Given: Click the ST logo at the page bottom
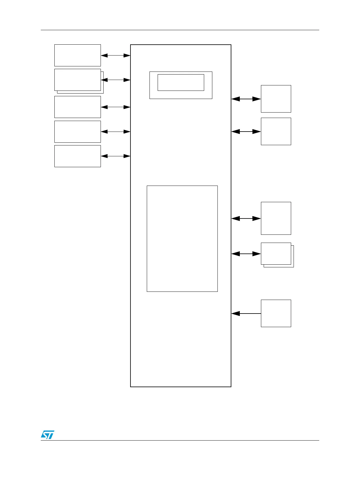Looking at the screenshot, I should (47, 435).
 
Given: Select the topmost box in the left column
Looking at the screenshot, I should (77, 55).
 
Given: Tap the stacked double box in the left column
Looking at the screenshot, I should (78, 80).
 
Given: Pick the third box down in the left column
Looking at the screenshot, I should (77, 107).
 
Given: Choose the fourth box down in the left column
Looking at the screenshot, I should (77, 132).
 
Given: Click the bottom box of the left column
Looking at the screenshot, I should (77, 156).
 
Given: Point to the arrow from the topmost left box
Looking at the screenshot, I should (115, 56).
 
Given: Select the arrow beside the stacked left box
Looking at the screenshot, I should (116, 80).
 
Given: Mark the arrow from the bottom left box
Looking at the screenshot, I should (115, 156).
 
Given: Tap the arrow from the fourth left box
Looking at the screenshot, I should (115, 132).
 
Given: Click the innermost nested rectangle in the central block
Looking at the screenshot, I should (181, 82).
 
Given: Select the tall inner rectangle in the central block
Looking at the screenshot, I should (182, 238).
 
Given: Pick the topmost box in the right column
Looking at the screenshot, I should (276, 99).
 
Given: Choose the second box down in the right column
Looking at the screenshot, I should (276, 131).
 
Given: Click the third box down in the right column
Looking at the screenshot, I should (276, 218).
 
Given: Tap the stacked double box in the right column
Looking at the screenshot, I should (276, 254).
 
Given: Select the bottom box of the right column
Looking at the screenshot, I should (276, 313).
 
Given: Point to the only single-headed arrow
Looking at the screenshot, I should (246, 314).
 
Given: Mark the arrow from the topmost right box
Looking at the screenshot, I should (246, 99).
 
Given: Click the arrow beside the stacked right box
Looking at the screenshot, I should (246, 254).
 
